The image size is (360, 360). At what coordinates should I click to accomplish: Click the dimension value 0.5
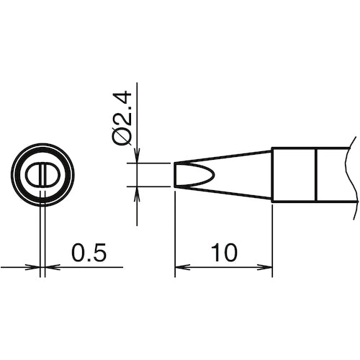coord(89,253)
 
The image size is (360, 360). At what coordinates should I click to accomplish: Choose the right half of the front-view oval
coord(50,175)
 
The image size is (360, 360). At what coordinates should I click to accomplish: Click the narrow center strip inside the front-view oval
coord(43,175)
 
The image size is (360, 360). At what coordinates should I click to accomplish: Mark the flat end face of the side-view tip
coord(174,175)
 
